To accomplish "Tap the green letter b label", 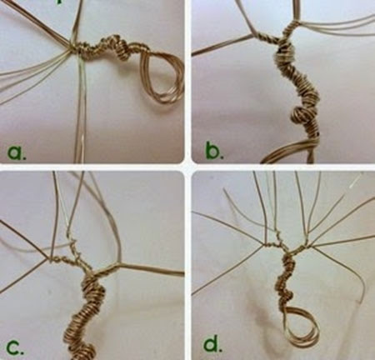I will point(212,151).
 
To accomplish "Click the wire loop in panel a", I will point(162,75).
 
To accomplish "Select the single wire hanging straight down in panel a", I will point(83,108).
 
